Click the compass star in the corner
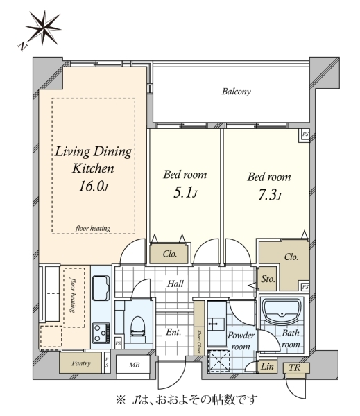tap(43, 28)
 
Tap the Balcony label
tap(236, 92)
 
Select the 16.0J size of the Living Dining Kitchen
tap(94, 187)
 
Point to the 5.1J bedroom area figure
tap(185, 193)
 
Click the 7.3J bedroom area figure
tap(269, 195)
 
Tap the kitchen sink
tap(101, 288)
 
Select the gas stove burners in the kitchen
tap(101, 333)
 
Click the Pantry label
tap(81, 363)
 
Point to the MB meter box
tap(133, 365)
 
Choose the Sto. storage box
tap(268, 279)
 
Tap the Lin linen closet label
tap(267, 366)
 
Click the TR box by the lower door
tap(296, 368)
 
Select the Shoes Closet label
tap(199, 341)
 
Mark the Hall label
tap(175, 284)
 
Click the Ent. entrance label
tap(173, 332)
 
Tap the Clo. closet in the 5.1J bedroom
tap(169, 254)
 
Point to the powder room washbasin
tap(216, 324)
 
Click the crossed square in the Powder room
tap(218, 361)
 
